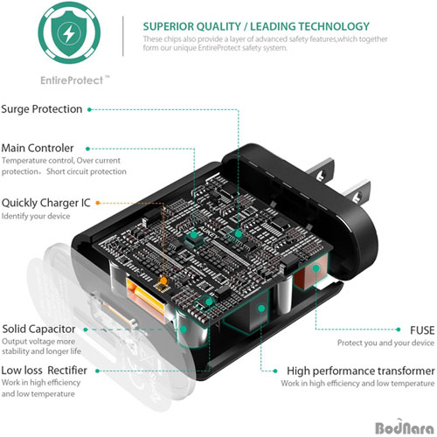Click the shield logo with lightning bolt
coord(69,32)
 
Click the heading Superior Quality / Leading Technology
coord(256,26)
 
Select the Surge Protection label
coord(42,109)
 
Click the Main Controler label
coord(38,148)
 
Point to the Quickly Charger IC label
coord(45,203)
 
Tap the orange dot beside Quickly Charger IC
coord(98,203)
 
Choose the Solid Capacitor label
coord(38,329)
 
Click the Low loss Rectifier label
coord(44,371)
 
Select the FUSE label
coord(422,330)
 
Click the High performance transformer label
coord(361,371)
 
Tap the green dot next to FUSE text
coord(399,329)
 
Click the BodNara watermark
coord(405,427)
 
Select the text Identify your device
coord(36,216)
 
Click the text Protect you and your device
coord(385,343)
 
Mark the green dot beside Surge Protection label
coord(89,109)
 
